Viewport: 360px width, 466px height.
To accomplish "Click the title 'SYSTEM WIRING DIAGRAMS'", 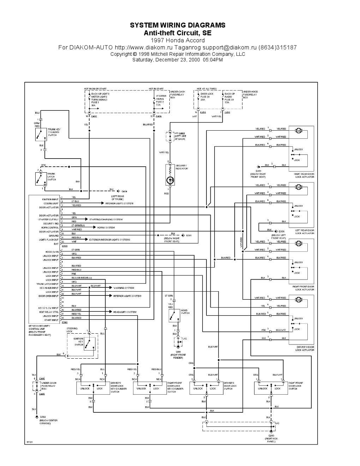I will (178, 25).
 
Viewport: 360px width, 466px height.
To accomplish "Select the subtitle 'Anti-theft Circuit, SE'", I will (178, 33).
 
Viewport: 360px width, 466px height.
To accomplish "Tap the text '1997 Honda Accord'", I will (178, 40).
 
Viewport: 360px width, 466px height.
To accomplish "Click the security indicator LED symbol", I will (170, 180).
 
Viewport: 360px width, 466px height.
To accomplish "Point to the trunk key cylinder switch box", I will (41, 134).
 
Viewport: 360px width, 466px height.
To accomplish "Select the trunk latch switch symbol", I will (41, 178).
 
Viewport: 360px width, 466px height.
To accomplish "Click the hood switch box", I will (174, 315).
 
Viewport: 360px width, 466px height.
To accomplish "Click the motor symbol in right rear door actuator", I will (299, 131).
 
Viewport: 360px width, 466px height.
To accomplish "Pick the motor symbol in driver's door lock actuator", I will (299, 300).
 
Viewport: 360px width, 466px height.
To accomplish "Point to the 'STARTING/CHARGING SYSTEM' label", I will (106, 220).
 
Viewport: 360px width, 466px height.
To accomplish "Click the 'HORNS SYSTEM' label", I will (106, 228).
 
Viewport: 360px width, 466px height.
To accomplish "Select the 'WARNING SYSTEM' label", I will (124, 288).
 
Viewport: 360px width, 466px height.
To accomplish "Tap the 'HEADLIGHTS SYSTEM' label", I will (125, 312).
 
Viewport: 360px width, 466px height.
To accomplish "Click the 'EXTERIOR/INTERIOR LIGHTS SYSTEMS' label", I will (110, 240).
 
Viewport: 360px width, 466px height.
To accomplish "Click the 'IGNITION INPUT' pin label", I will (50, 199).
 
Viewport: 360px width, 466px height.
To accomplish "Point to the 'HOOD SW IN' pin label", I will (52, 252).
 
